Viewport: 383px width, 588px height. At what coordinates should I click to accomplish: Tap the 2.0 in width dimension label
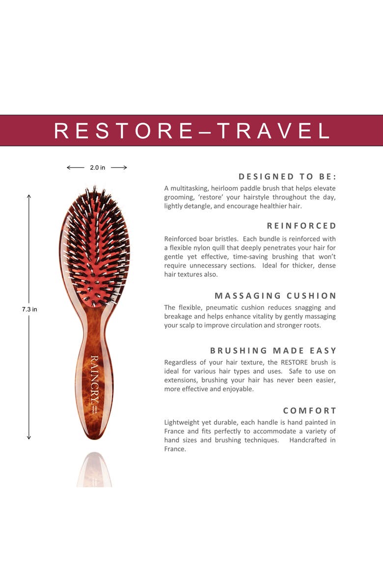[97, 168]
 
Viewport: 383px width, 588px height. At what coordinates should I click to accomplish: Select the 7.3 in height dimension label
[29, 310]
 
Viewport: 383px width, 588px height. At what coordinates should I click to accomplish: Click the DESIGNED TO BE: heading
[287, 176]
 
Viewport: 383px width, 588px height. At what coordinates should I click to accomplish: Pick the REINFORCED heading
[301, 226]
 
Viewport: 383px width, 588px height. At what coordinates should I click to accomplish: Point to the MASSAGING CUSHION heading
[275, 295]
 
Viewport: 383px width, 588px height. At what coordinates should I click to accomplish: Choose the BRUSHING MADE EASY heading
[273, 351]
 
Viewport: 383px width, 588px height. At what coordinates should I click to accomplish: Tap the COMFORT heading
[309, 411]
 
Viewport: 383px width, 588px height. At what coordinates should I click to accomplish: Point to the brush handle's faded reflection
[94, 470]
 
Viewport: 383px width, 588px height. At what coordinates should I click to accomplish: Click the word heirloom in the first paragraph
[223, 188]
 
